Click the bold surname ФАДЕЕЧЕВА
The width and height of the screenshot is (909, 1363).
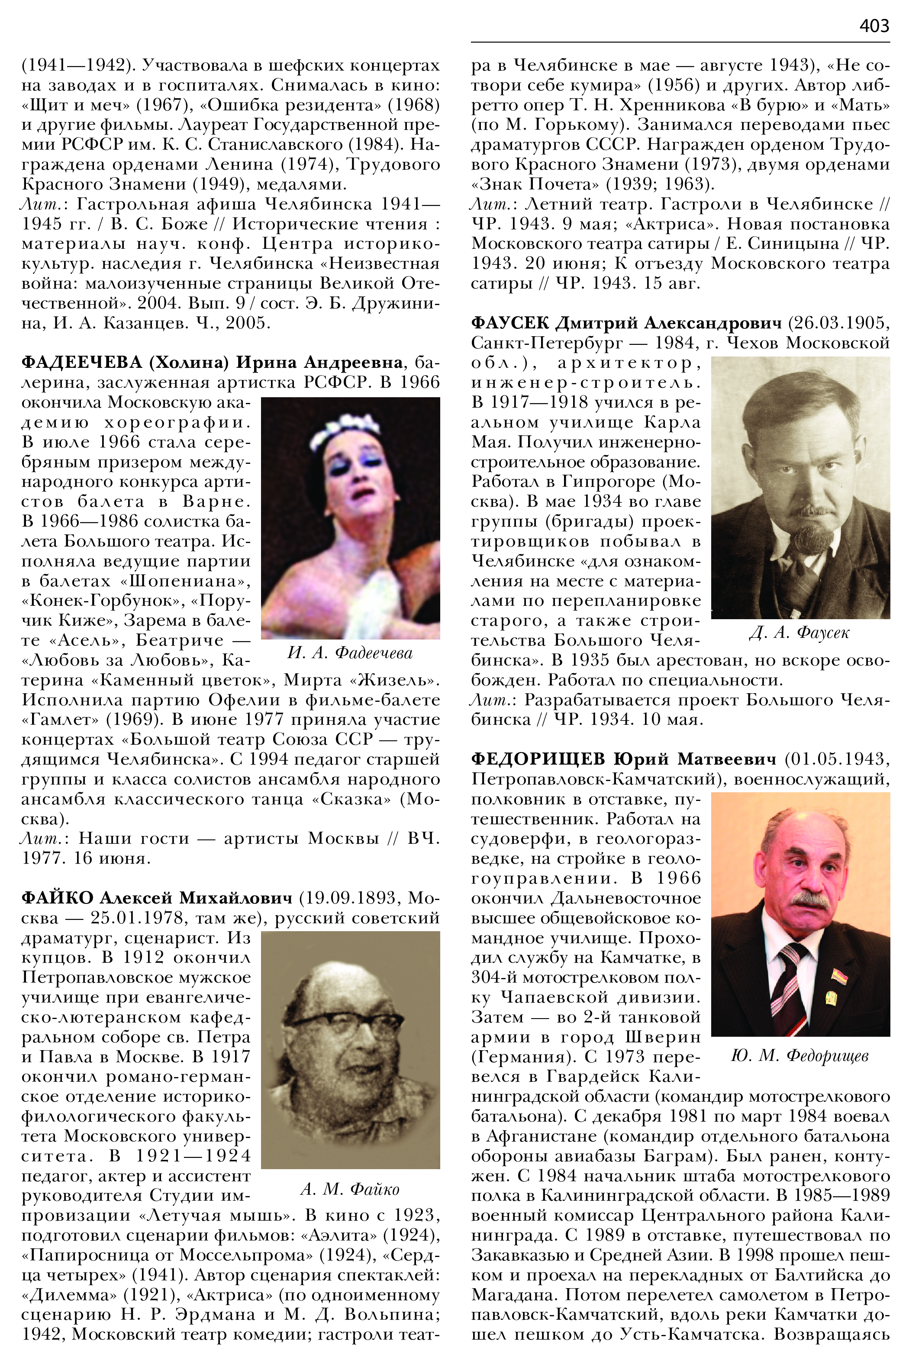point(82,363)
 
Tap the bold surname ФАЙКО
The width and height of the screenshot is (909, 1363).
point(57,898)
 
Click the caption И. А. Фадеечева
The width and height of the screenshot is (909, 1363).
point(350,653)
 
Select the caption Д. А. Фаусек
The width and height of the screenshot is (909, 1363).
point(799,633)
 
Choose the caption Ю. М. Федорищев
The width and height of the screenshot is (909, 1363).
point(800,1055)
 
